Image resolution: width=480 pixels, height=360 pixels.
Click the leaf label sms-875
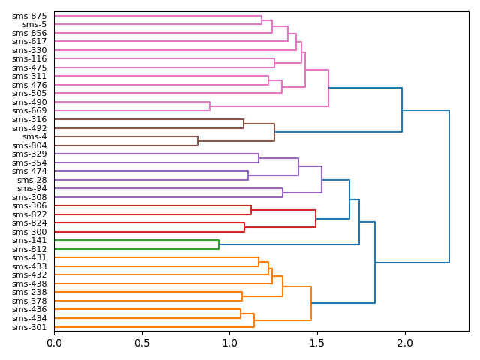pos(29,16)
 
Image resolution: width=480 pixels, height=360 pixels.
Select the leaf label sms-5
pos(34,24)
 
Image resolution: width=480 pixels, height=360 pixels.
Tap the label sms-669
pos(29,111)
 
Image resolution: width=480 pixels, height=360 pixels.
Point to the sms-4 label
pos(34,137)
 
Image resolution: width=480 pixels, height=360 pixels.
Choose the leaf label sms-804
pos(29,145)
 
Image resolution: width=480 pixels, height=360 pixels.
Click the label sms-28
pos(32,180)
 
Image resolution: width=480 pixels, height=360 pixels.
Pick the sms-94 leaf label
pos(32,189)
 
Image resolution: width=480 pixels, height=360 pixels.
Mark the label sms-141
pos(29,241)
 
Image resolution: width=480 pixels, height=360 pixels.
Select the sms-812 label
pos(29,249)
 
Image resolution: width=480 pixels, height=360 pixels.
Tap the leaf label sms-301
pos(29,327)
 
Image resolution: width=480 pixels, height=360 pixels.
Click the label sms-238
pos(29,292)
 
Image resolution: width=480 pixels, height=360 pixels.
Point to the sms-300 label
pos(29,232)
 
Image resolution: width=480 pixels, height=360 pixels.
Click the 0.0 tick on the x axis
pos(54,343)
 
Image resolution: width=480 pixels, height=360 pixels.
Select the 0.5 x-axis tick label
pos(142,343)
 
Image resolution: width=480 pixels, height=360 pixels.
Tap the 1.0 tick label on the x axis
pos(229,343)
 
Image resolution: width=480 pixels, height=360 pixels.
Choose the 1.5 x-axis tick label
pos(317,343)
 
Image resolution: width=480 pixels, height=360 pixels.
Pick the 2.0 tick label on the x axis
pos(405,343)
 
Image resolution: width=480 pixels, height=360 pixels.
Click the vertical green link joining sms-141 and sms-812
pos(219,244)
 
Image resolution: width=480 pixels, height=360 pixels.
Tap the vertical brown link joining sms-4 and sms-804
pos(198,141)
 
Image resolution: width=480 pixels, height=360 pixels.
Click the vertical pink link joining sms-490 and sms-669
pos(210,106)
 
